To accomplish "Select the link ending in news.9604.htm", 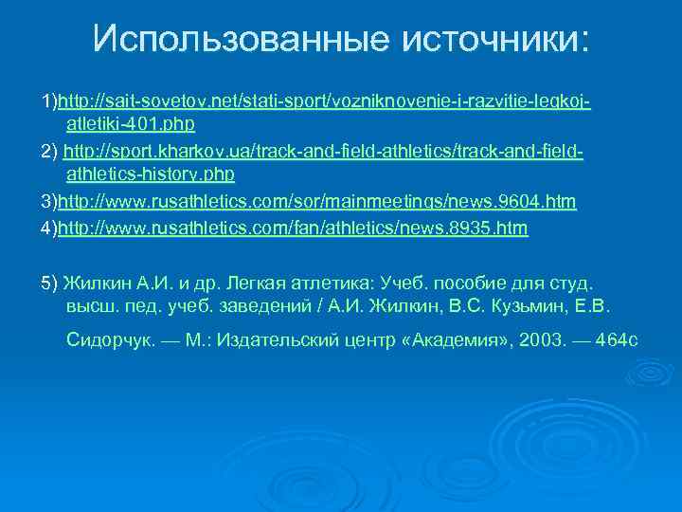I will point(317,203).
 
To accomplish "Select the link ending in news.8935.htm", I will point(293,229).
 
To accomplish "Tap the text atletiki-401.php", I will point(131,124).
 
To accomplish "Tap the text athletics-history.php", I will point(151,176).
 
